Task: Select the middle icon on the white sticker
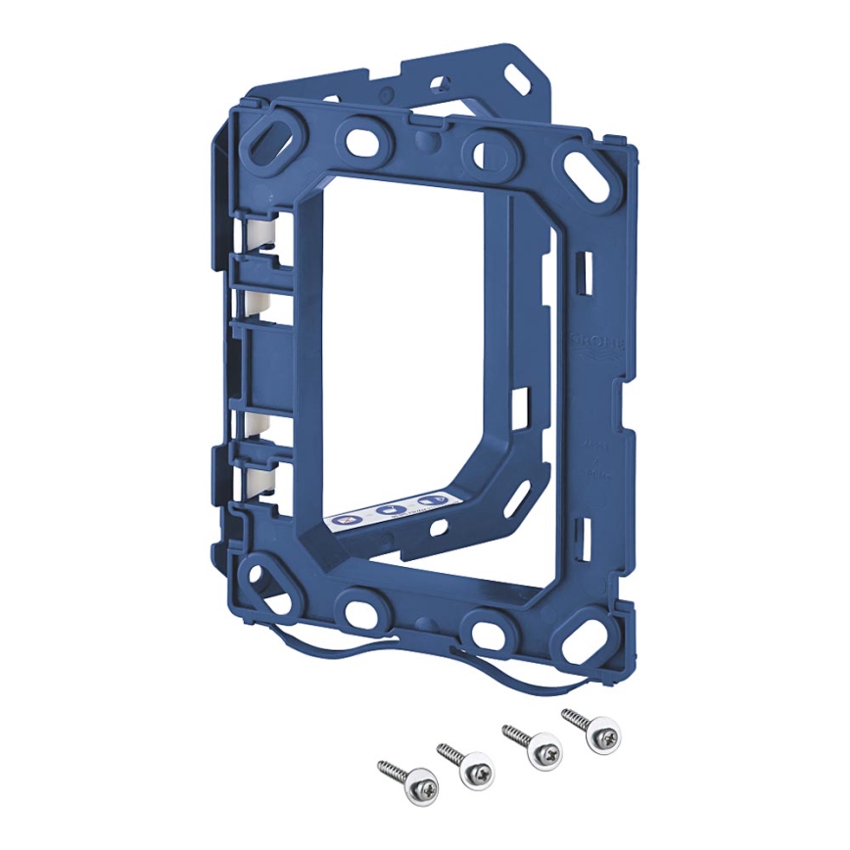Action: [389, 510]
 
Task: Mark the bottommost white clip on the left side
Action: [260, 480]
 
